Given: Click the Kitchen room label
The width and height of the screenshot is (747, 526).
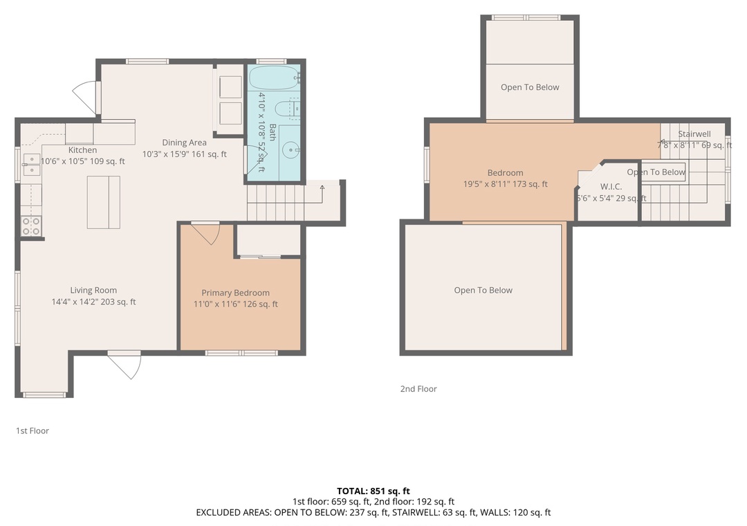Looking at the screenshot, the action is [82, 149].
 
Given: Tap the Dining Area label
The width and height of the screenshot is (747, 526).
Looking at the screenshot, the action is [185, 142].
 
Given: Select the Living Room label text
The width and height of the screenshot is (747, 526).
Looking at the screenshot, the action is [93, 290].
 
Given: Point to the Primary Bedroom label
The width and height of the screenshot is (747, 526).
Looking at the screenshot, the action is [235, 292].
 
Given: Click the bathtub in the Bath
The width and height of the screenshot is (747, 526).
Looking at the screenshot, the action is [273, 78].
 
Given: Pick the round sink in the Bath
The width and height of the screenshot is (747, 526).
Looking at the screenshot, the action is [290, 151].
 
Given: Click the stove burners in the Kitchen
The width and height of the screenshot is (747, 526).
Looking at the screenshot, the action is [31, 226].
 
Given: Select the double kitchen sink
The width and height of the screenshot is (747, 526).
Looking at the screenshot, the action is [31, 165].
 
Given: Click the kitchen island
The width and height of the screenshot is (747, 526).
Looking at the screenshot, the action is [103, 202].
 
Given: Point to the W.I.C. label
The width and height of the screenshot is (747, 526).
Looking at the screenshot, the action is [611, 186].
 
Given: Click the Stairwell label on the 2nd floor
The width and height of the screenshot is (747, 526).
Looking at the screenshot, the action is [694, 134].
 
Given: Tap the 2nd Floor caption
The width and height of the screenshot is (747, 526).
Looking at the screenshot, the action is [418, 389].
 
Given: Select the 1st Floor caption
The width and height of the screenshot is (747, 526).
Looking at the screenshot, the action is [33, 430].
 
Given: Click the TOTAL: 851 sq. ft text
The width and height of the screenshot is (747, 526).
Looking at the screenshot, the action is [373, 491].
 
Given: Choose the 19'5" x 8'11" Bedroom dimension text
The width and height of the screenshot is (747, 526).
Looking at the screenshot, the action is [506, 184].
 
